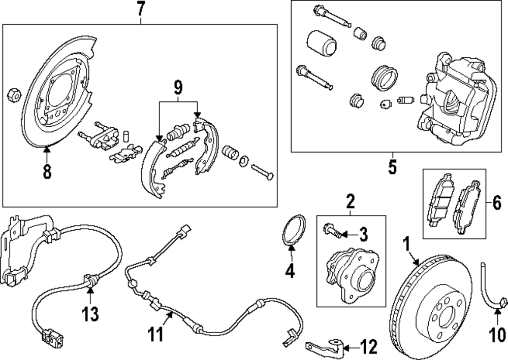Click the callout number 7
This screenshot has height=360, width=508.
[141, 9]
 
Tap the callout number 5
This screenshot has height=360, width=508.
[392, 167]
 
